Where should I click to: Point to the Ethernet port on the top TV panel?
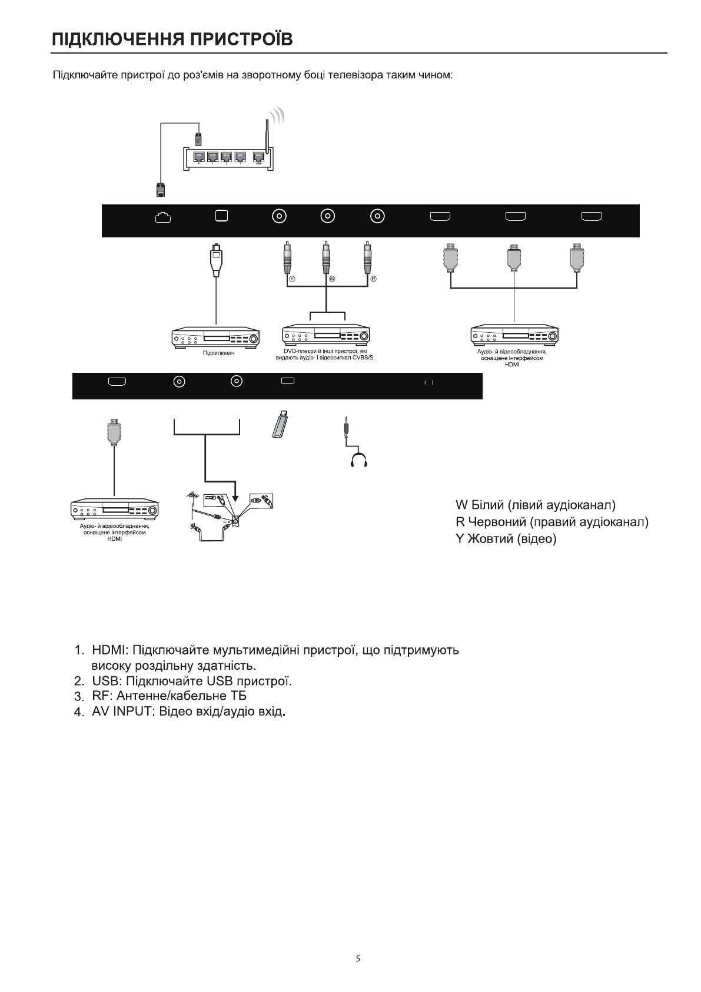click(x=162, y=217)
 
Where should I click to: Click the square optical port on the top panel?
click(x=221, y=216)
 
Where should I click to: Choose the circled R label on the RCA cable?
click(x=373, y=279)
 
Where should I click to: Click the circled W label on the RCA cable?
click(x=331, y=279)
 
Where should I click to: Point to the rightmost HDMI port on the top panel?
click(x=592, y=217)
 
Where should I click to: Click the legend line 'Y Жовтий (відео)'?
click(x=506, y=539)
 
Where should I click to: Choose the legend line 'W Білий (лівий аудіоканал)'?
click(x=536, y=505)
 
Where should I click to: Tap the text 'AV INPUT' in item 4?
click(x=123, y=712)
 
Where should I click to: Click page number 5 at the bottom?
click(x=358, y=958)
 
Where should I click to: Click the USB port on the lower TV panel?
click(x=287, y=381)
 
